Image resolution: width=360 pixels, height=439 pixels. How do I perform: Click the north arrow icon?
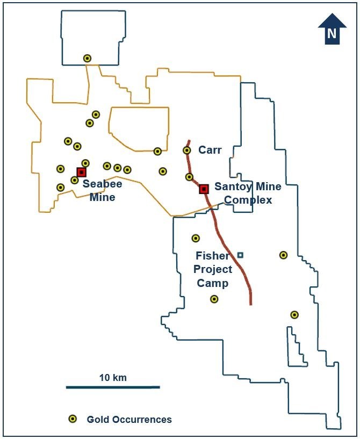(x=332, y=29)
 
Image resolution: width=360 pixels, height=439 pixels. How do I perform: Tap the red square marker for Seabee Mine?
(x=81, y=172)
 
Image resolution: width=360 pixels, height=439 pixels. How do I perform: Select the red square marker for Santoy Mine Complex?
(x=204, y=189)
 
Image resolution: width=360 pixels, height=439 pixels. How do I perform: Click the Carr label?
(x=210, y=150)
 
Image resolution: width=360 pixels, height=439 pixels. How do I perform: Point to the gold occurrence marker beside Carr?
(x=187, y=150)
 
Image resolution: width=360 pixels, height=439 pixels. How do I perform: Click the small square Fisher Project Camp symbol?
(x=240, y=255)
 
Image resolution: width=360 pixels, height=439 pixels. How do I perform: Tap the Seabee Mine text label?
(x=102, y=190)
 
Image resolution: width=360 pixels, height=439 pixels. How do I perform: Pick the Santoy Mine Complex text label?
(x=248, y=193)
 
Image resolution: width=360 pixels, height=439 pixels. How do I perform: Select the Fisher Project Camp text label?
(x=213, y=269)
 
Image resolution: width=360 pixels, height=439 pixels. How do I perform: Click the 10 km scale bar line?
(x=113, y=387)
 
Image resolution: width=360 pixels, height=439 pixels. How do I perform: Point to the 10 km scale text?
(x=113, y=377)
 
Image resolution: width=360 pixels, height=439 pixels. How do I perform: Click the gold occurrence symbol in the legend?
(x=72, y=419)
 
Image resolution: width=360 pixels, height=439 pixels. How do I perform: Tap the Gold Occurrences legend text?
(x=129, y=420)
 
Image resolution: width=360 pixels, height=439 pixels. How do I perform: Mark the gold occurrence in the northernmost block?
(x=87, y=58)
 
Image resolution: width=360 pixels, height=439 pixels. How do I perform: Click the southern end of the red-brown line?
(x=251, y=304)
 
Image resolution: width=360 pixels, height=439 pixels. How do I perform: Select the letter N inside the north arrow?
(x=332, y=34)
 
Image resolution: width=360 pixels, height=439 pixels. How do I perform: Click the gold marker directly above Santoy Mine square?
(x=189, y=177)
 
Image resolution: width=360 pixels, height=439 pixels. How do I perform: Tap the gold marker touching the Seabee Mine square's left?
(x=75, y=180)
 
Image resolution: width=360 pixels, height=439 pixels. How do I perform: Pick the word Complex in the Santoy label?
(x=248, y=200)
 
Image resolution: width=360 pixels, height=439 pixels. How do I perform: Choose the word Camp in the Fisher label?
(x=213, y=283)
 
